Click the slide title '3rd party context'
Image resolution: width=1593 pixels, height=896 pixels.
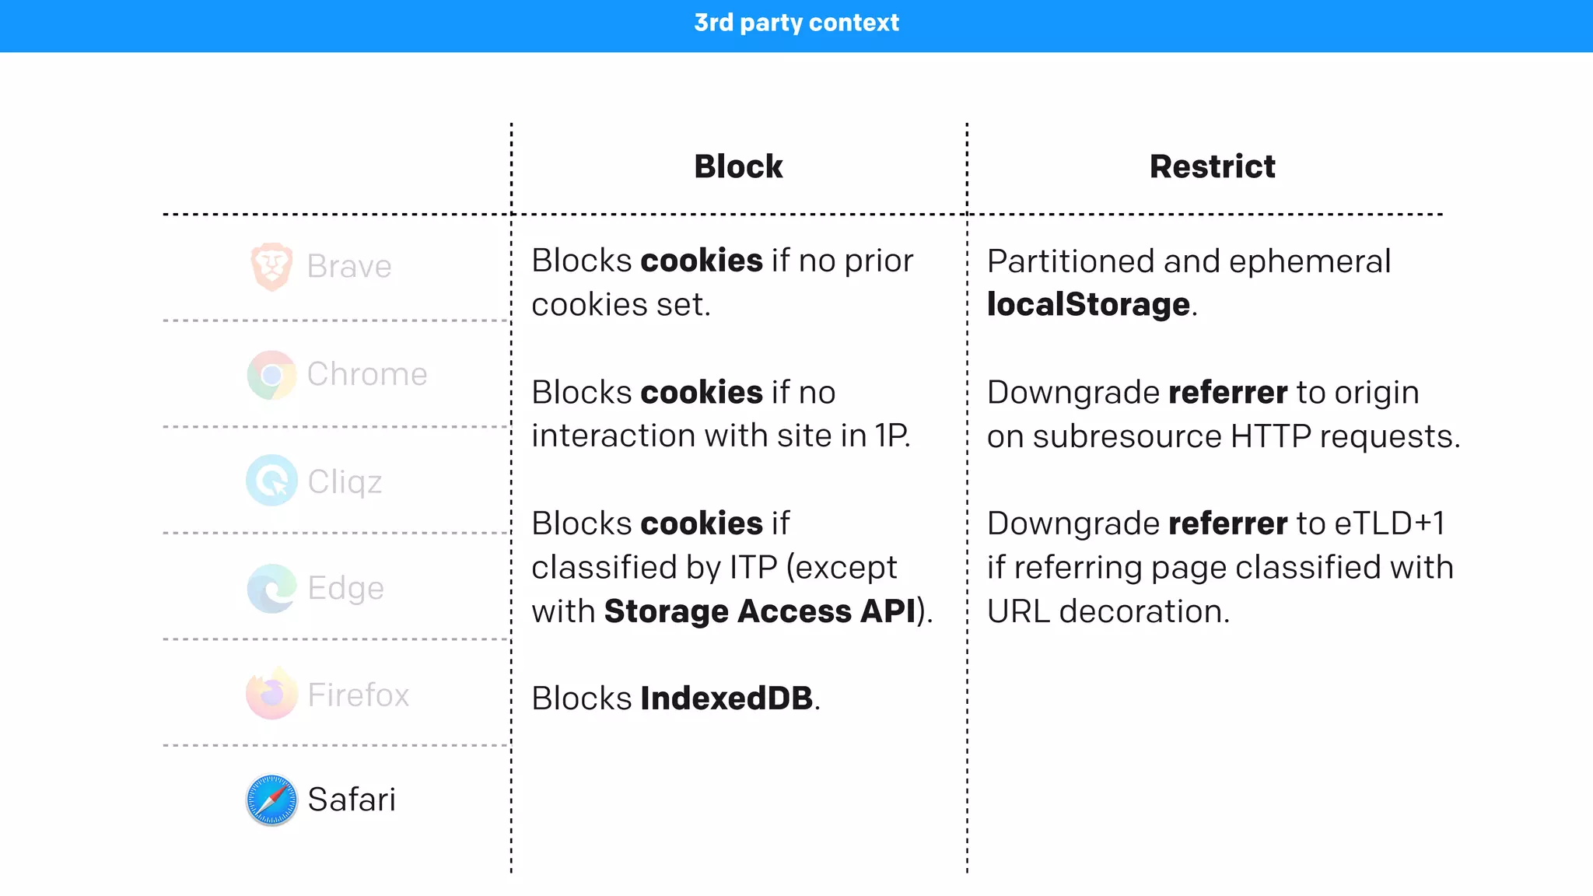point(796,23)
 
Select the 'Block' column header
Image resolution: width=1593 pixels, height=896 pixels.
point(738,166)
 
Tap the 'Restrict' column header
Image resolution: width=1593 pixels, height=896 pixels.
point(1212,166)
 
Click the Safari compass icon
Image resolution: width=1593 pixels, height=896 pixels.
point(271,800)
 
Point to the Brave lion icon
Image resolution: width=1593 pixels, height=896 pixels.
point(271,266)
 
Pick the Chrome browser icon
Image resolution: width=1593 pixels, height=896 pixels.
point(271,375)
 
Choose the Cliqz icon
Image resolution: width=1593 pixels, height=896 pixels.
point(271,481)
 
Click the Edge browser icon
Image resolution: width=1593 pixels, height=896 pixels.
point(271,588)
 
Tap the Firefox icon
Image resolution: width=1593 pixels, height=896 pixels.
point(271,694)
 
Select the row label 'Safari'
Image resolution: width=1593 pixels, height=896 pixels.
point(352,800)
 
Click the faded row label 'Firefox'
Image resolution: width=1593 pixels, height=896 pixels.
point(358,695)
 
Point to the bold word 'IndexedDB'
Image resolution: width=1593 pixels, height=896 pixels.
point(726,698)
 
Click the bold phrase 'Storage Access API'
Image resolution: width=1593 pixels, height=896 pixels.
point(759,611)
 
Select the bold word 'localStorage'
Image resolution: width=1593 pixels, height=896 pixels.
point(1088,304)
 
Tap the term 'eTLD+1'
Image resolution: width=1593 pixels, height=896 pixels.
point(1389,523)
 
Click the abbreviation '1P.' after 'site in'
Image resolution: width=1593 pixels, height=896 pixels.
point(892,436)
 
